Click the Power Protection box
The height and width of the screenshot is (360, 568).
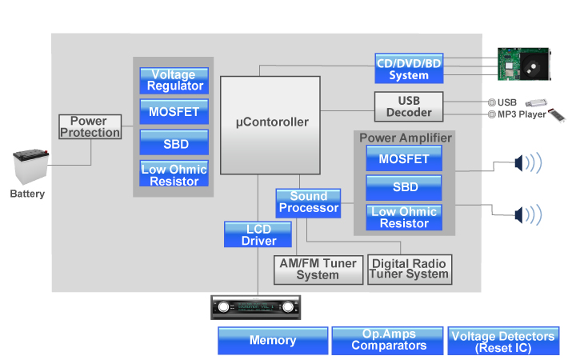click(x=89, y=126)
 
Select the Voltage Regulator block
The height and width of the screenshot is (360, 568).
click(x=173, y=80)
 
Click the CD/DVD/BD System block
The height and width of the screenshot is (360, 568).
click(x=409, y=69)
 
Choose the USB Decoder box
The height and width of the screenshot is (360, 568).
click(x=409, y=106)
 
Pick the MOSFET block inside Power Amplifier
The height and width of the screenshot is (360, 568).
click(x=404, y=158)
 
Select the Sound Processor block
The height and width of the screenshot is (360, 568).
click(x=308, y=202)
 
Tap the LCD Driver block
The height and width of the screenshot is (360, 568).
click(x=259, y=234)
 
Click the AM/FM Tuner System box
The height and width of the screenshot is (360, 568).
click(x=318, y=270)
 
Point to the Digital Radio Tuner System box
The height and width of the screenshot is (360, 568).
click(x=409, y=269)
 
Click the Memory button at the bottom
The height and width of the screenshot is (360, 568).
click(x=273, y=341)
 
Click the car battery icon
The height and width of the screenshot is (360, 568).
click(x=30, y=168)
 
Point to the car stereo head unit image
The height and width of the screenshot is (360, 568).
click(x=256, y=308)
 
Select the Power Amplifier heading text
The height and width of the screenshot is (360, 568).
click(x=405, y=138)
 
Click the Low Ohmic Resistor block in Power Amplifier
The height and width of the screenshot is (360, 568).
click(x=404, y=218)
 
